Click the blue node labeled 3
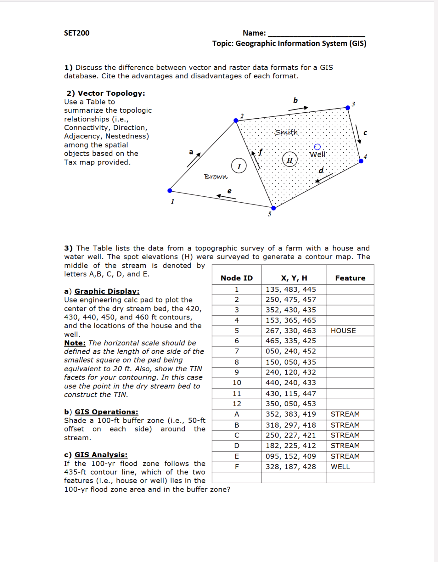(348, 108)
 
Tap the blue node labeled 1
(170, 190)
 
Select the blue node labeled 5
(273, 208)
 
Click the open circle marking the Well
(317, 147)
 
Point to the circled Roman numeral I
(239, 166)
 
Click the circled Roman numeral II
(290, 160)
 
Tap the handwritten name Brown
(216, 177)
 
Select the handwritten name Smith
(286, 132)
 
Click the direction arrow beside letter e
(226, 197)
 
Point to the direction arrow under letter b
(298, 109)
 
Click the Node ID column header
(237, 278)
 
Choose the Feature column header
(350, 278)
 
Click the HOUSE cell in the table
(343, 331)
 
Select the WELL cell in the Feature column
(340, 467)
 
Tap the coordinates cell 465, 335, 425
(291, 341)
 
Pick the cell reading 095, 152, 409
(291, 456)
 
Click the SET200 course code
(77, 33)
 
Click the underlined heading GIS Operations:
(106, 412)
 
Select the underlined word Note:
(75, 343)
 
